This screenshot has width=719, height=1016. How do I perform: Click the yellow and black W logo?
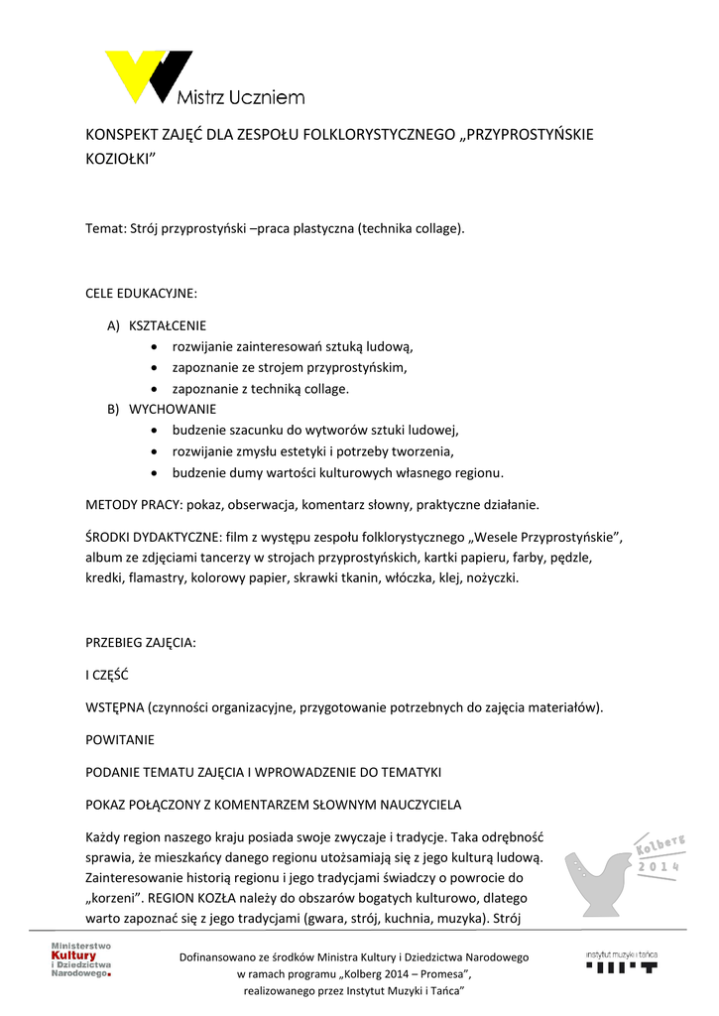pyautogui.click(x=149, y=76)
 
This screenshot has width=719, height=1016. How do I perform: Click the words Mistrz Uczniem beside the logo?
pyautogui.click(x=240, y=97)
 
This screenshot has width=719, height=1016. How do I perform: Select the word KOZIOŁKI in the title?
pyautogui.click(x=122, y=159)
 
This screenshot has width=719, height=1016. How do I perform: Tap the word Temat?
pyautogui.click(x=105, y=229)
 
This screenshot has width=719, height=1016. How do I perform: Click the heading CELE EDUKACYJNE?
pyautogui.click(x=141, y=294)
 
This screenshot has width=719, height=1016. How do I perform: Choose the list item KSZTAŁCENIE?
pyautogui.click(x=169, y=325)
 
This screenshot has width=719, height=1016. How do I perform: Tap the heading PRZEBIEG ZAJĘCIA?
pyautogui.click(x=141, y=642)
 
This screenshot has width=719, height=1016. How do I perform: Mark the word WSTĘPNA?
pyautogui.click(x=114, y=707)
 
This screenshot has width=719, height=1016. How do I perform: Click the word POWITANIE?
pyautogui.click(x=120, y=739)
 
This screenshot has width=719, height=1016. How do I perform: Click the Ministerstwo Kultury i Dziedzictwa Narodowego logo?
pyautogui.click(x=82, y=960)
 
